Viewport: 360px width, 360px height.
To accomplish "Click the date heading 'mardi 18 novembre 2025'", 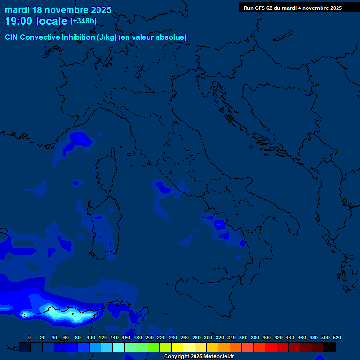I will pos(58,10).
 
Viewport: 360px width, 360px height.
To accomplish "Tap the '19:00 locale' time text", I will pos(36,21).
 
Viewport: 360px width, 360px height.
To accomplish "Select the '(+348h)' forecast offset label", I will pos(83,21).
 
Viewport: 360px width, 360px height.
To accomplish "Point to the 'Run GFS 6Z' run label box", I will pos(292,8).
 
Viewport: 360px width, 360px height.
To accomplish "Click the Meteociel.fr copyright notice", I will pos(199,357).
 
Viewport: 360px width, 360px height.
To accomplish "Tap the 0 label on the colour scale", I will pos(30,337).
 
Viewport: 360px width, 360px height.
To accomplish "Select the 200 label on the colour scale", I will pos(150,337).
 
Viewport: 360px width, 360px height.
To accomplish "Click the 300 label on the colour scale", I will pos(208,337).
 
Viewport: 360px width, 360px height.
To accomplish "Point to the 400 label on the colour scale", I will pos(267,337).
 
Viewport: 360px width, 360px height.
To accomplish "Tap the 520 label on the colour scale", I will pos(337,337).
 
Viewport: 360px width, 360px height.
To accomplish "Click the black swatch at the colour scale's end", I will pos(330,347).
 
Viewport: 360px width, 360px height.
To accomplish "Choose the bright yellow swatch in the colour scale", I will pos(177,347).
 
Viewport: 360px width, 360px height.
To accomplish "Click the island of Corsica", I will pos(107,171).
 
